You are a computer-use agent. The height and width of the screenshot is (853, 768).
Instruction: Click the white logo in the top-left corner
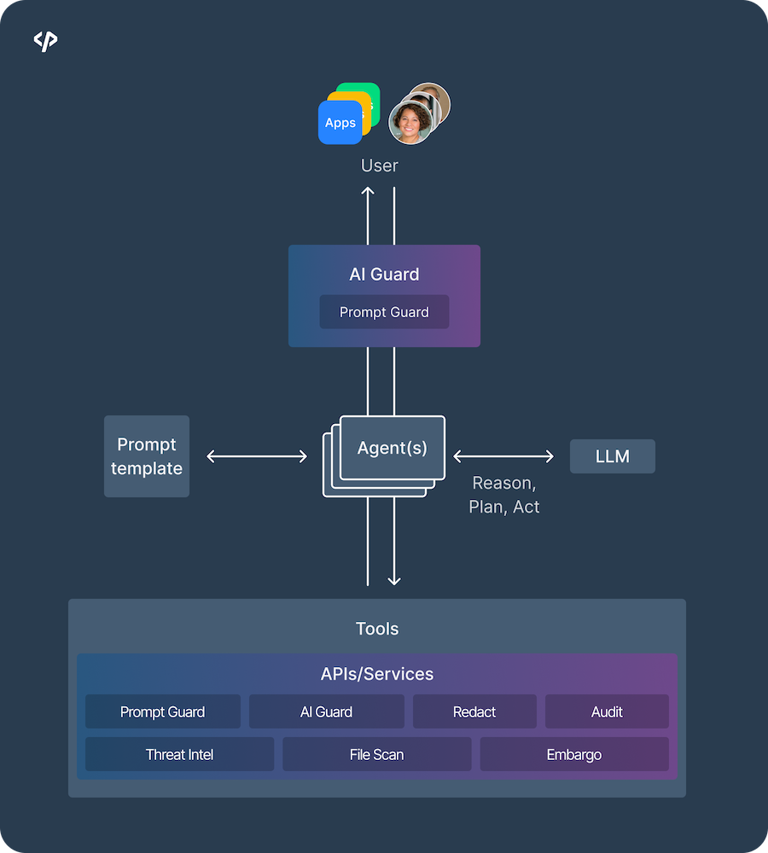tap(45, 41)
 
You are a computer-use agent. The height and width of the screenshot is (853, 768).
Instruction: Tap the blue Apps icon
tap(340, 123)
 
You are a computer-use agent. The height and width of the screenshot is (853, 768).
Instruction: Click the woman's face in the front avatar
tap(408, 122)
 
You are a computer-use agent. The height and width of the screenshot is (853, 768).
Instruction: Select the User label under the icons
tap(380, 165)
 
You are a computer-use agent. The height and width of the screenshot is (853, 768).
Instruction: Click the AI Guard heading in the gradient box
tap(384, 274)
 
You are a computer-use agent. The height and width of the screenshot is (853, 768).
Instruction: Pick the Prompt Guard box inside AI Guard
tap(384, 312)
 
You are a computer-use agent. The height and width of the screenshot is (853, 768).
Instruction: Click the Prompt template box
tap(147, 456)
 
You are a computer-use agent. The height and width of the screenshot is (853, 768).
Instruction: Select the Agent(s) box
tap(393, 448)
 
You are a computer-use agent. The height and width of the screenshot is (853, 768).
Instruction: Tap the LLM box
tap(613, 456)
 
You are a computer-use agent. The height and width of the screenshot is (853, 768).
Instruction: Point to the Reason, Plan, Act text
tap(503, 495)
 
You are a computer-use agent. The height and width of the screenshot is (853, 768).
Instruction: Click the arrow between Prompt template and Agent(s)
tap(257, 457)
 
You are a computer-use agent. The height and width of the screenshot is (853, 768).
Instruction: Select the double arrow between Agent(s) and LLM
tap(503, 456)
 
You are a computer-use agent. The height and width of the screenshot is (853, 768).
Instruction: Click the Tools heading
tap(377, 629)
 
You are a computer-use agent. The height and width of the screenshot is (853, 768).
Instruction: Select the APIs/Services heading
tap(377, 674)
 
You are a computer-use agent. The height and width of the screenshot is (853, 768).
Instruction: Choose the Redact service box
tap(474, 711)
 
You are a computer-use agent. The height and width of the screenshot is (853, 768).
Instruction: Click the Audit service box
tap(607, 711)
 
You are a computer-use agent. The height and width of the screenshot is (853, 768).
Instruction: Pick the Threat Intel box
tap(179, 754)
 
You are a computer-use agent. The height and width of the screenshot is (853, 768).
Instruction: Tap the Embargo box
tap(574, 754)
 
